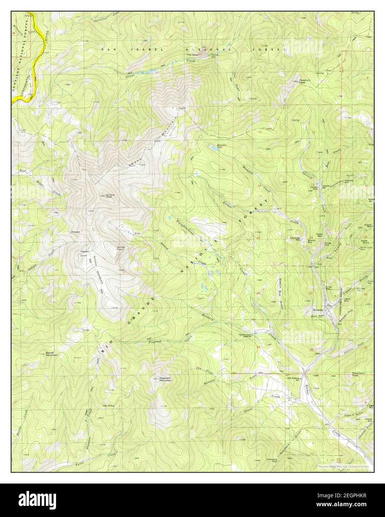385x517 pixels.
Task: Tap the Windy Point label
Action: click(122, 248)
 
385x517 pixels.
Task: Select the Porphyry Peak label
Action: click(305, 80)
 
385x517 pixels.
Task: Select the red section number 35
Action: click(258, 347)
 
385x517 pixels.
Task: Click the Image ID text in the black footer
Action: click(349, 497)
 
